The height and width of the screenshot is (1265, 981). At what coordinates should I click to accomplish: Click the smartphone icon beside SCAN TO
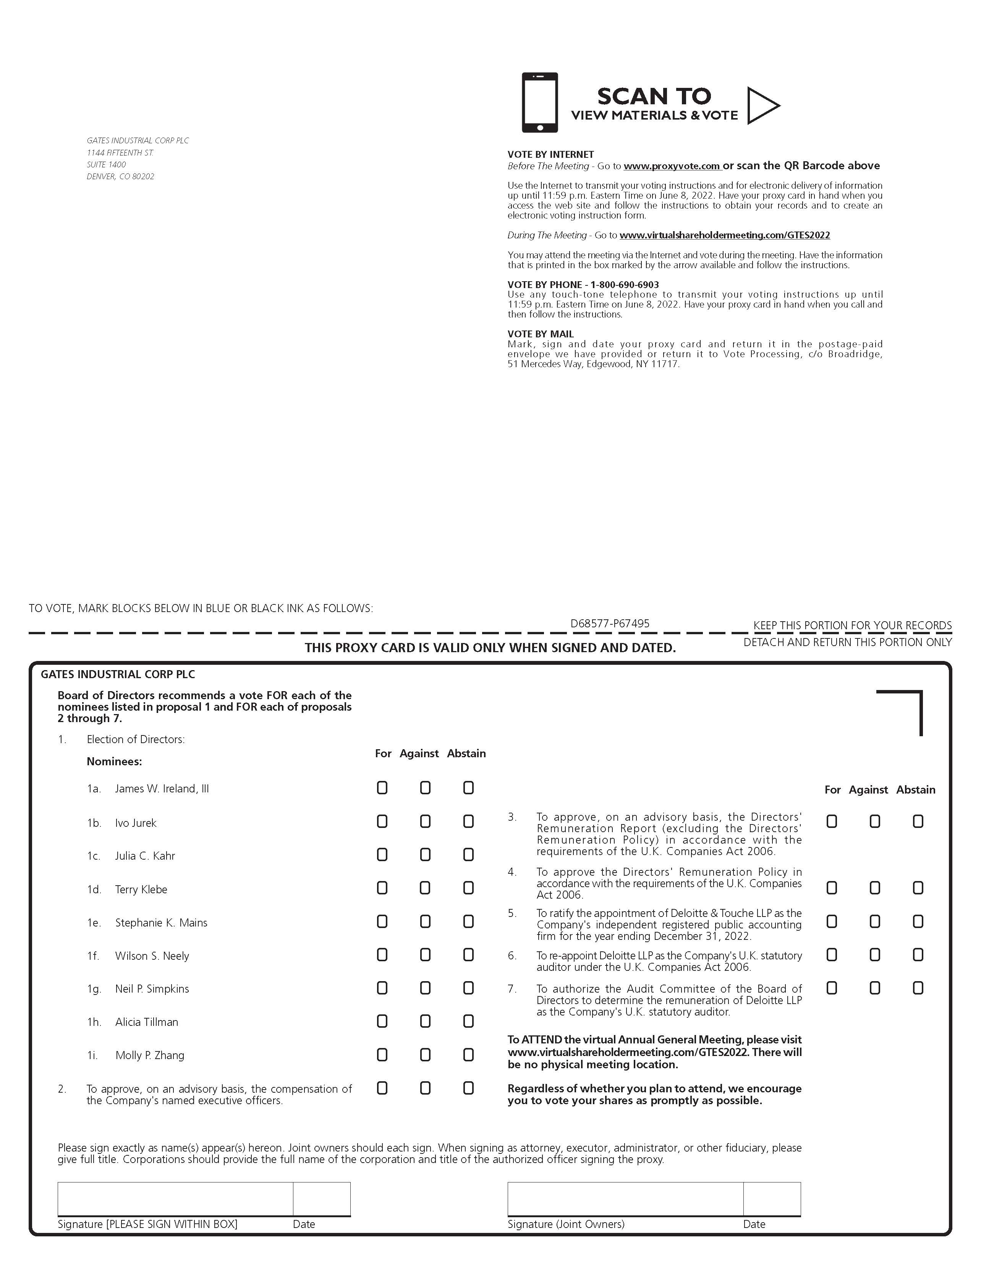pos(540,102)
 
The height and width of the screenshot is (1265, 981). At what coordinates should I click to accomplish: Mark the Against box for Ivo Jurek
pos(425,821)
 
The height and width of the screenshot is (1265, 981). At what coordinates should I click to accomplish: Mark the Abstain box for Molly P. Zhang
pos(468,1055)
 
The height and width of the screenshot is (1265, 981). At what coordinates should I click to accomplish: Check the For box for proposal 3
pos(832,821)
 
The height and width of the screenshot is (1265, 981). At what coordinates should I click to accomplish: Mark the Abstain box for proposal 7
pos(918,988)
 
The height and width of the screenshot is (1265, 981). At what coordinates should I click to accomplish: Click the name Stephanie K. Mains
pos(161,923)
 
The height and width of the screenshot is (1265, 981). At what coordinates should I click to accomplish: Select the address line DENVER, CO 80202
pos(120,177)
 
